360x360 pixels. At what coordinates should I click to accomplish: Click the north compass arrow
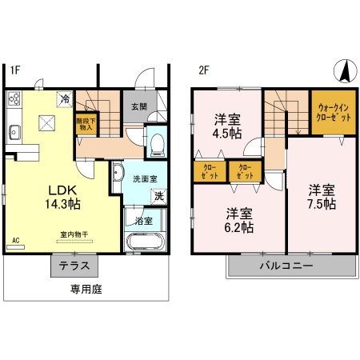344,71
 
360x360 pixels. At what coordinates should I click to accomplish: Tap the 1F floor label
14,70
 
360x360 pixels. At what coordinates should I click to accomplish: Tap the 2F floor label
204,70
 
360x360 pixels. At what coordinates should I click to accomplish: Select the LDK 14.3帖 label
62,198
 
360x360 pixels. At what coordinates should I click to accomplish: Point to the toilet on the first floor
157,143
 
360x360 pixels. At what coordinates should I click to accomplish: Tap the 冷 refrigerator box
64,100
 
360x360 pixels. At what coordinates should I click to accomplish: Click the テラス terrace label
74,266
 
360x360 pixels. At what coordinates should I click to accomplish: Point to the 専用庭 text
86,289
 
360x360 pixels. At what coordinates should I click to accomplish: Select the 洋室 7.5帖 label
322,198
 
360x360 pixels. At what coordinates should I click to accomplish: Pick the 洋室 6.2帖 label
239,220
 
